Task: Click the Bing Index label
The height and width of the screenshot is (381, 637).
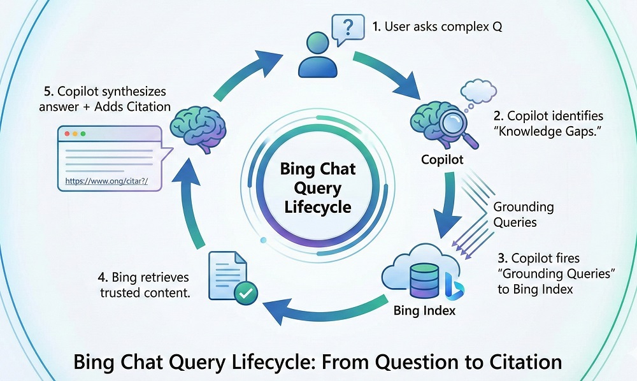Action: tap(424, 311)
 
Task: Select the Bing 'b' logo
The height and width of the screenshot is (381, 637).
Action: tap(454, 285)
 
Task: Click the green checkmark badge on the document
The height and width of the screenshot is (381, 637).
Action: tap(245, 293)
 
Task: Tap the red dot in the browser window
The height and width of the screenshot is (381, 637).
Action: tap(66, 135)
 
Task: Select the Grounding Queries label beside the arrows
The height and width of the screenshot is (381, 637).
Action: tap(524, 215)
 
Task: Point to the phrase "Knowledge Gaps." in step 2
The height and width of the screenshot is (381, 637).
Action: tap(548, 133)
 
